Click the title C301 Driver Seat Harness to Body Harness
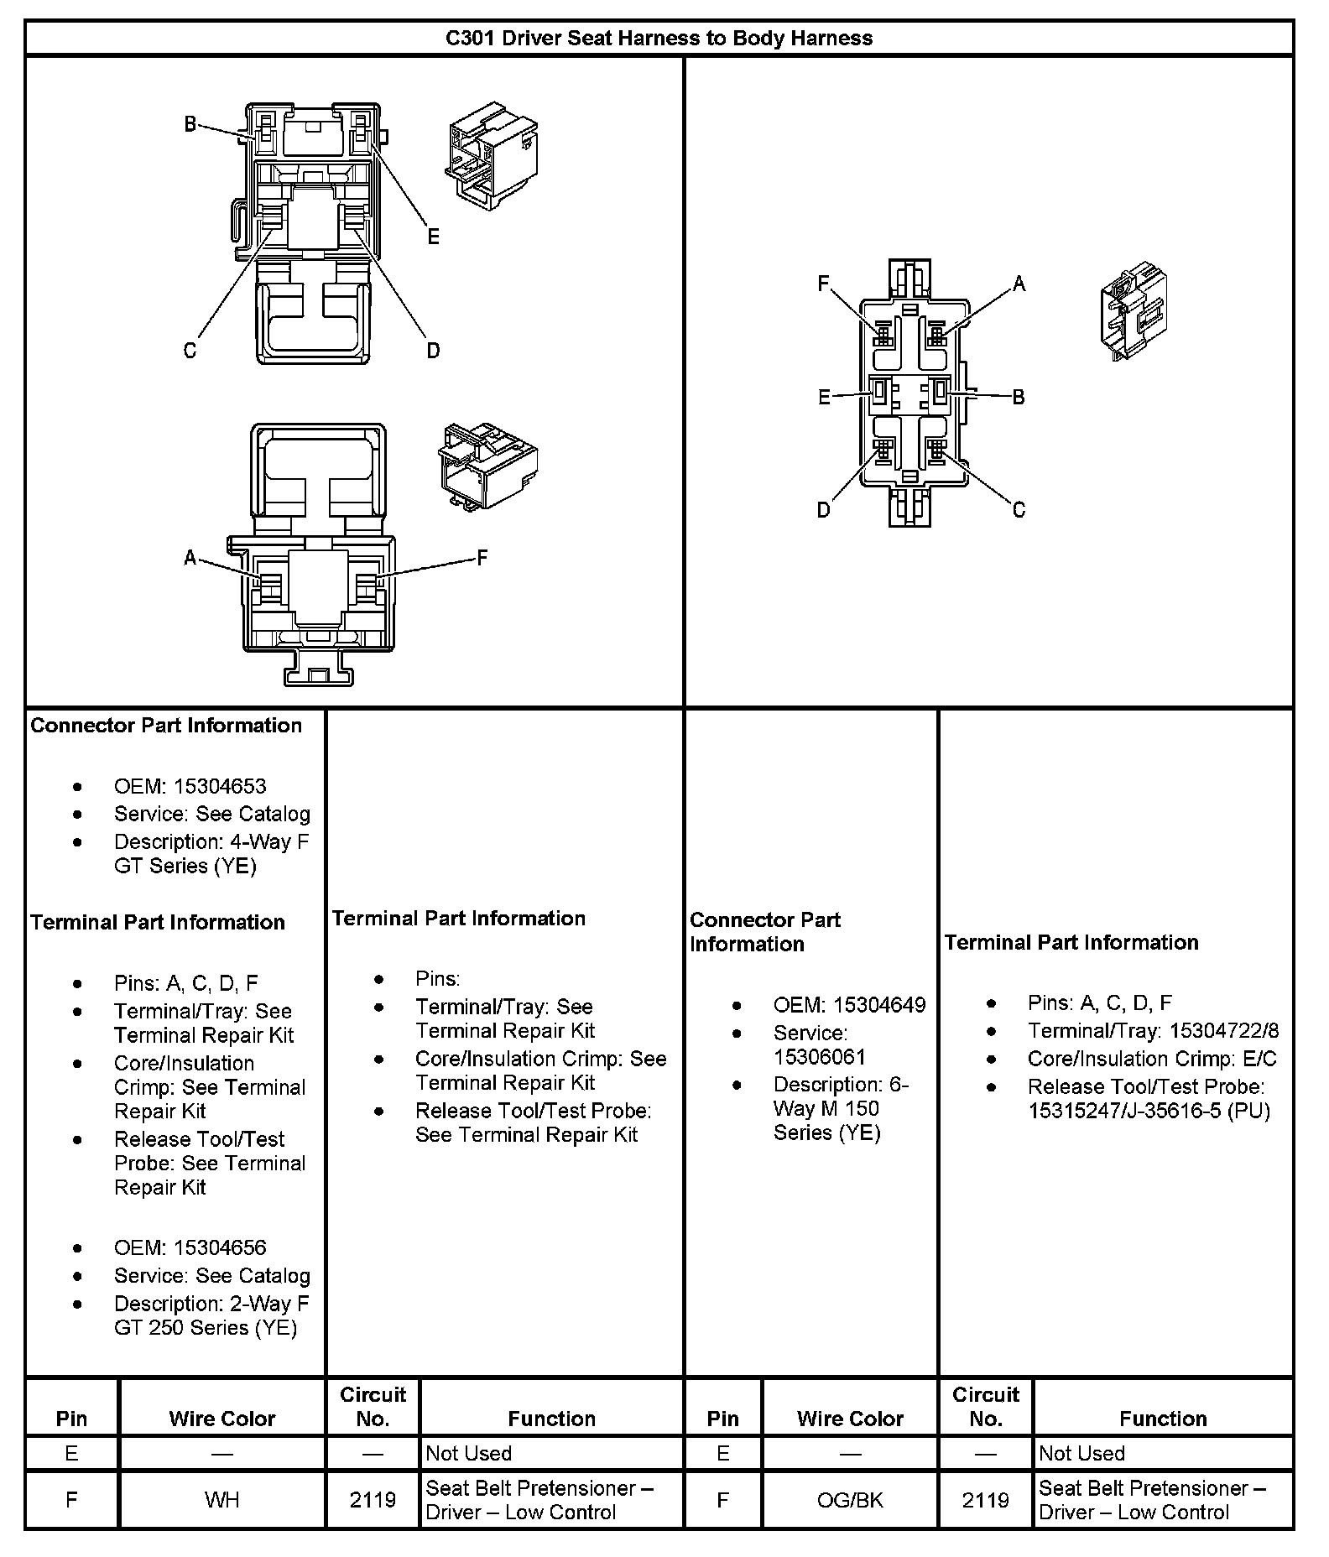coord(659,39)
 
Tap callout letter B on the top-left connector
coord(190,125)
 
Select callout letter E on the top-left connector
coord(433,237)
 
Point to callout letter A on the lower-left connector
coord(190,558)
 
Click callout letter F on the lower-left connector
coord(482,558)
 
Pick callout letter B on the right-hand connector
coord(1019,397)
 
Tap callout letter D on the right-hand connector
coord(824,510)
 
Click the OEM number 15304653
coord(220,787)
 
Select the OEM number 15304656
coord(220,1247)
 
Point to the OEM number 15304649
coord(879,1005)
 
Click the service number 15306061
coord(819,1057)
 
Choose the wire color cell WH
coord(221,1499)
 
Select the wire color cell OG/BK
coord(850,1499)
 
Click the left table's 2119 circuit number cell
coord(373,1499)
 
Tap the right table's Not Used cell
coord(1081,1453)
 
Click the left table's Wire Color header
coord(221,1419)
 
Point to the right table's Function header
coord(1163,1419)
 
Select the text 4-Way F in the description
coord(269,841)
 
